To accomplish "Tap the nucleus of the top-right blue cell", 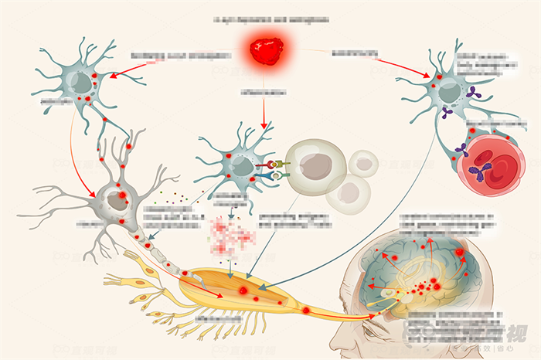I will click(x=450, y=90).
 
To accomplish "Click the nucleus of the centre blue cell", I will click(x=242, y=165).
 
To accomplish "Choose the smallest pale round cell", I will click(x=363, y=163).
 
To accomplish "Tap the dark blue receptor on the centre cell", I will click(x=275, y=177).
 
